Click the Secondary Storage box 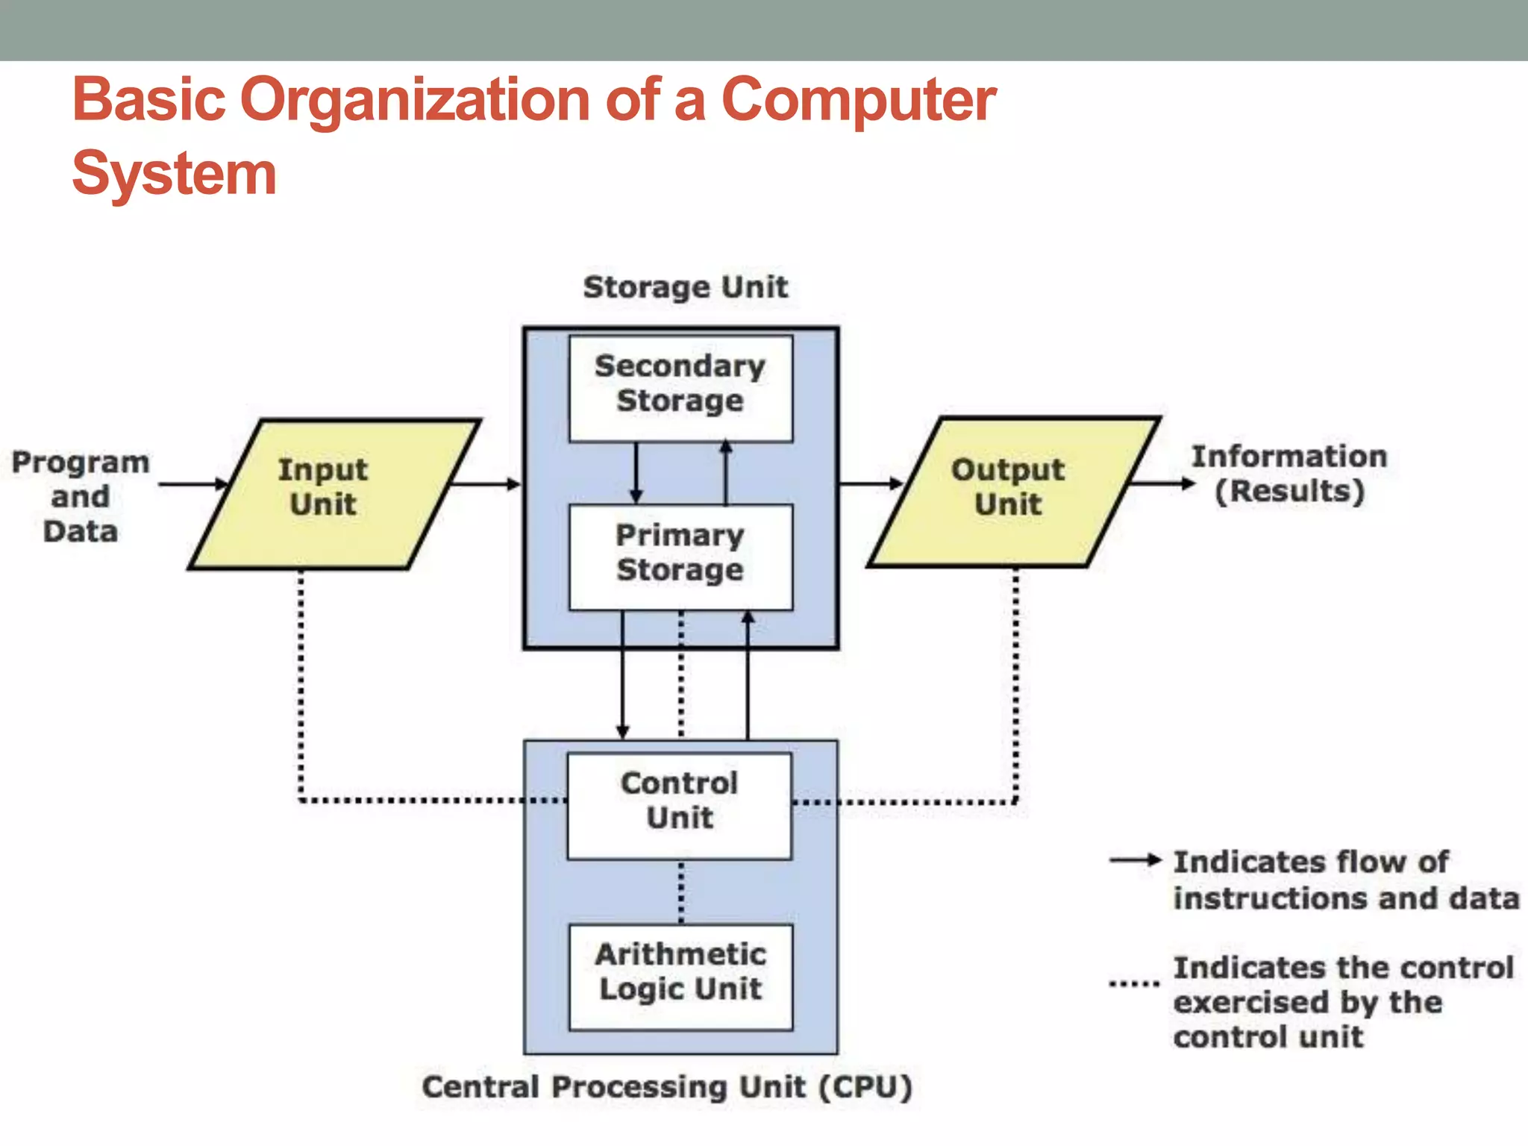click(x=680, y=388)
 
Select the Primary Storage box click(x=680, y=557)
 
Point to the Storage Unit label click(x=685, y=287)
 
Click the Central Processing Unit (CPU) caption click(x=667, y=1087)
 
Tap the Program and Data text click(x=81, y=497)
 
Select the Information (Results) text click(x=1289, y=475)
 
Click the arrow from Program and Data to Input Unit click(x=192, y=484)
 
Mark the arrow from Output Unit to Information click(x=1164, y=483)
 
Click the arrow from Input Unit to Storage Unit click(x=485, y=484)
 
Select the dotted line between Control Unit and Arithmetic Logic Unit click(x=680, y=892)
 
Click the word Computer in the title click(x=858, y=101)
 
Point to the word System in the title click(x=175, y=174)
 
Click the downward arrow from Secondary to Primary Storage click(x=636, y=473)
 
